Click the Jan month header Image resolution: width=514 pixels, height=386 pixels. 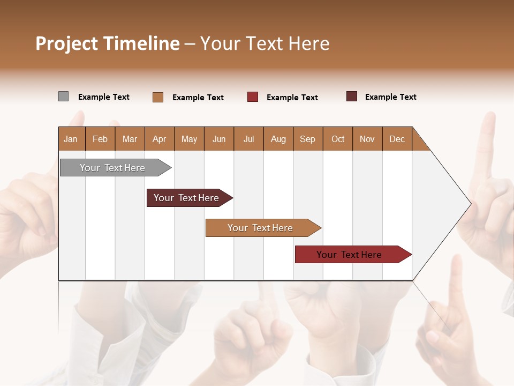pyautogui.click(x=71, y=139)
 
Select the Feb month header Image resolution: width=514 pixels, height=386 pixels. pyautogui.click(x=100, y=139)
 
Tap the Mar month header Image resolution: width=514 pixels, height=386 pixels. pyautogui.click(x=130, y=139)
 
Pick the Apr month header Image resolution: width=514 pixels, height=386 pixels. pyautogui.click(x=160, y=139)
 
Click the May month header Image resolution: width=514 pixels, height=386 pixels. pyautogui.click(x=189, y=139)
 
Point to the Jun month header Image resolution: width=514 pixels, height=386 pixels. pyautogui.click(x=219, y=139)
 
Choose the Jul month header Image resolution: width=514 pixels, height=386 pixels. pyautogui.click(x=248, y=139)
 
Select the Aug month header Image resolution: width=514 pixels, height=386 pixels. pyautogui.click(x=278, y=139)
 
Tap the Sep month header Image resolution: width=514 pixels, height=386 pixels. pyautogui.click(x=308, y=139)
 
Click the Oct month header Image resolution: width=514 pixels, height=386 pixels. pyautogui.click(x=338, y=139)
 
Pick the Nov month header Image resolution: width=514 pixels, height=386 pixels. pyautogui.click(x=367, y=139)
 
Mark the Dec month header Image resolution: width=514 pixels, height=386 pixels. pyautogui.click(x=397, y=139)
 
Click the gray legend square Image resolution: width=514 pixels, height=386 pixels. pyautogui.click(x=63, y=96)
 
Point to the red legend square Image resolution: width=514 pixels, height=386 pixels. pyautogui.click(x=253, y=97)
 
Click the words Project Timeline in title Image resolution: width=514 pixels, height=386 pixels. pyautogui.click(x=108, y=43)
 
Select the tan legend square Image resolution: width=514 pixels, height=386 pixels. pyautogui.click(x=158, y=97)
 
